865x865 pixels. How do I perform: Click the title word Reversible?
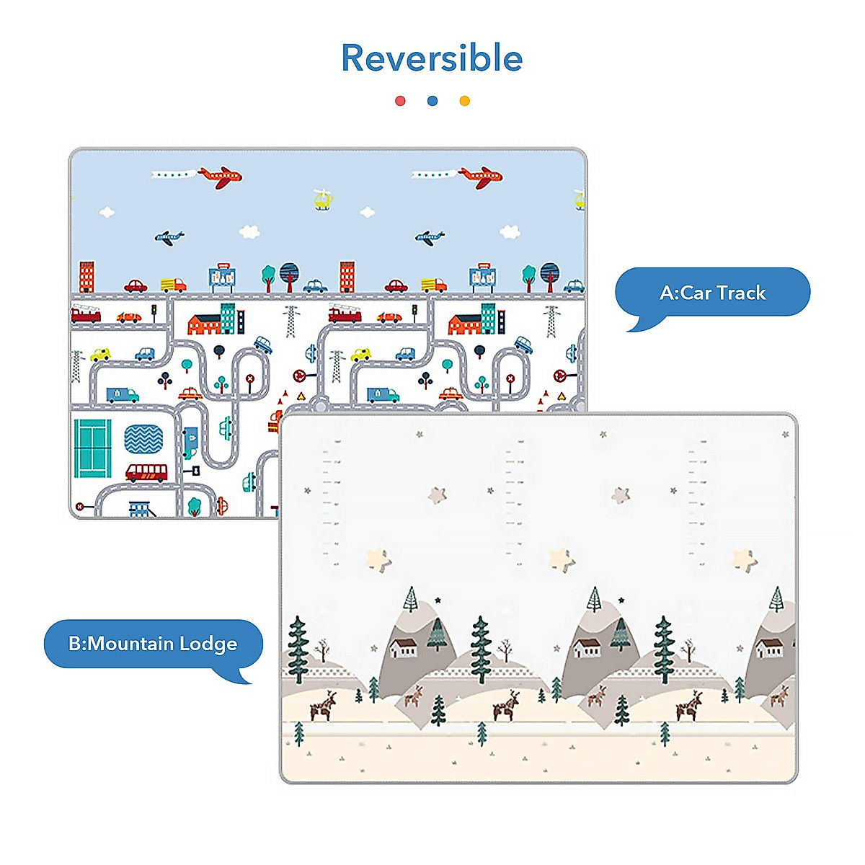click(x=432, y=58)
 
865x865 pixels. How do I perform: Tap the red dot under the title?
click(x=400, y=101)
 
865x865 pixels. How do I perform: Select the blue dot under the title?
click(x=432, y=101)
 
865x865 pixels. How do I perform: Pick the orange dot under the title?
click(x=465, y=101)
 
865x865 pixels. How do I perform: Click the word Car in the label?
click(x=696, y=293)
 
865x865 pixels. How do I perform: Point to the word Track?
click(x=741, y=293)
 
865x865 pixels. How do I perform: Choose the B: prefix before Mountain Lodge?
click(x=77, y=644)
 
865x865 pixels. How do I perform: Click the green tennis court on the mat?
click(x=92, y=448)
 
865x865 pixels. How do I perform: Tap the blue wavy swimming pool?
click(x=143, y=439)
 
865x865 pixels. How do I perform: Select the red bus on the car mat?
click(x=146, y=473)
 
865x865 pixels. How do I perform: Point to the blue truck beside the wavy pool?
click(x=190, y=441)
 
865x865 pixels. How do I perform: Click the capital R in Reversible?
click(x=355, y=58)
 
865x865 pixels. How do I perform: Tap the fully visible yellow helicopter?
click(x=324, y=199)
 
